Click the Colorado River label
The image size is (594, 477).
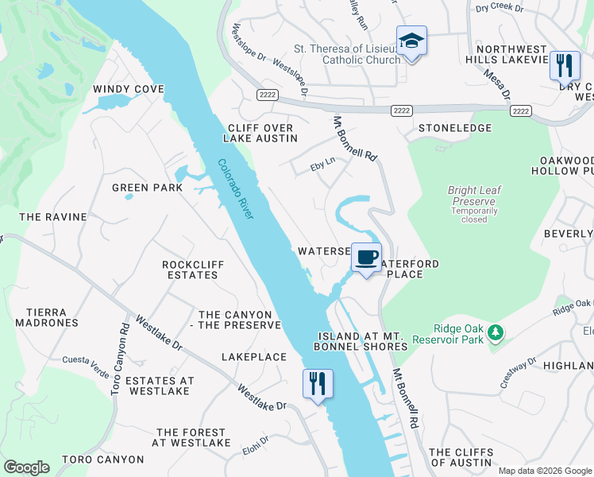pos(236,190)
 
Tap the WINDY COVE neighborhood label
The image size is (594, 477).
pos(128,89)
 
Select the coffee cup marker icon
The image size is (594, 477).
pos(366,258)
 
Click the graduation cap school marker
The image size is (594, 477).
pos(411,41)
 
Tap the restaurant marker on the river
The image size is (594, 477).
pos(317,384)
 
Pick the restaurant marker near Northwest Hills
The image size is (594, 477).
pos(564,67)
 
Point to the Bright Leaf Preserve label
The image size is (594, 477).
pos(474,196)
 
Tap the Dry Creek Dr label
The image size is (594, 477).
pos(499,8)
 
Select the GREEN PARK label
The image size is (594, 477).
pos(147,188)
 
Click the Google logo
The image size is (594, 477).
pos(26,467)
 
